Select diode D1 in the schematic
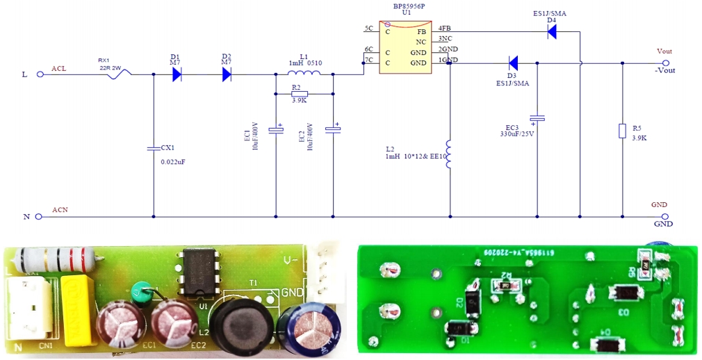177,74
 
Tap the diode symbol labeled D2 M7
227,74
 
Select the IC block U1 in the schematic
404,48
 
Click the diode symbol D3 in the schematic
513,63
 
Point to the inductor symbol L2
450,156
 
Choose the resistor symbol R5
622,131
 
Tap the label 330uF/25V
517,134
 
